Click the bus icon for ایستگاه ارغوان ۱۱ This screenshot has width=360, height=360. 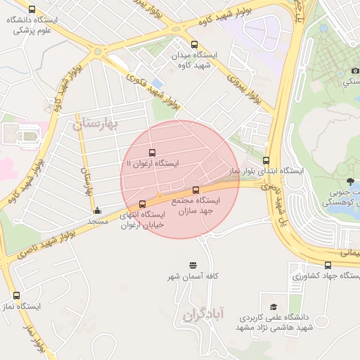(x=152, y=153)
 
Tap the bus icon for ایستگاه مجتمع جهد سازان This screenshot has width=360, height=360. (x=195, y=189)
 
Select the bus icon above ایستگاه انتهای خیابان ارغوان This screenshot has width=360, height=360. (x=143, y=204)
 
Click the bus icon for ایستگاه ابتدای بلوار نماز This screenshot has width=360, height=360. (x=266, y=160)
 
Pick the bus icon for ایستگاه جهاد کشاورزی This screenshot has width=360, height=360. (x=328, y=264)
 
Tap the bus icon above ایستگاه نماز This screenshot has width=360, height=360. (x=16, y=296)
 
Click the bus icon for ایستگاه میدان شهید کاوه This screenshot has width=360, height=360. (x=194, y=43)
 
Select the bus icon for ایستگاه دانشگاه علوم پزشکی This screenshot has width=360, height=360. (x=32, y=9)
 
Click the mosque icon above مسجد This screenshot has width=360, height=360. (x=97, y=210)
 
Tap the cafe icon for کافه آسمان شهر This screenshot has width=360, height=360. (x=193, y=265)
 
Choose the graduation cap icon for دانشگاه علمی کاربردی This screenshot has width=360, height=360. (x=274, y=307)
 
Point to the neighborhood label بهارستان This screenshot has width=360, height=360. (x=96, y=125)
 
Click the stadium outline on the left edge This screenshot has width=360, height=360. (x=26, y=136)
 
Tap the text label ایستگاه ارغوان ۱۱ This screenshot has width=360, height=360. (x=152, y=164)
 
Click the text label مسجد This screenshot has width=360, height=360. (x=97, y=221)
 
